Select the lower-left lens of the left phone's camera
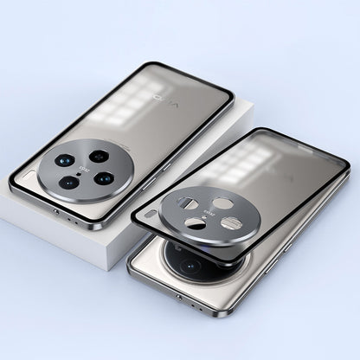pyautogui.click(x=69, y=183)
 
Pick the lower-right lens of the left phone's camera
pyautogui.click(x=105, y=179)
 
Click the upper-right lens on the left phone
pyautogui.click(x=99, y=157)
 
